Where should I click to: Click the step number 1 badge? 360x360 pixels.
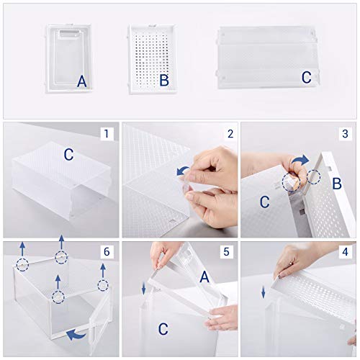(107, 133)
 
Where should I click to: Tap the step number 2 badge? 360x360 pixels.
(230, 133)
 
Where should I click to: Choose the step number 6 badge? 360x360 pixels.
(107, 251)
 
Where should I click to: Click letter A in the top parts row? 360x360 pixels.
(81, 82)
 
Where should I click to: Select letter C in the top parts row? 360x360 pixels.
(306, 77)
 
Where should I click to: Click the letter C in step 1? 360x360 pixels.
(68, 155)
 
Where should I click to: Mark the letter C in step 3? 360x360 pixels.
(264, 203)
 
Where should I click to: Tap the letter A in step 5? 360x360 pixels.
(204, 276)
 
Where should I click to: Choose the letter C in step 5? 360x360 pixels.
(163, 329)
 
